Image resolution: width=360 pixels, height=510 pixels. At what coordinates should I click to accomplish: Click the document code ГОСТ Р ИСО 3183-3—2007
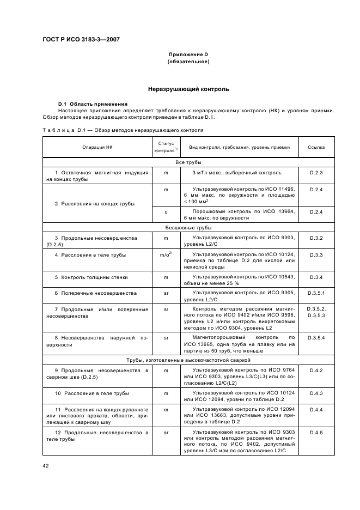81,40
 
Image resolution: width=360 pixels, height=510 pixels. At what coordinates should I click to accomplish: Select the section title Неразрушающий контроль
188,89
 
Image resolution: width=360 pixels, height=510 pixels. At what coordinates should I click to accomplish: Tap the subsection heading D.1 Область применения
93,104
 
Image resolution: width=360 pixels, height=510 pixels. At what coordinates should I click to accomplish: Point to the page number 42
46,465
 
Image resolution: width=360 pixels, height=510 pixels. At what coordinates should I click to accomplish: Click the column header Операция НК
97,147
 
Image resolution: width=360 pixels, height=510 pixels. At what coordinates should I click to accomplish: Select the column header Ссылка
316,147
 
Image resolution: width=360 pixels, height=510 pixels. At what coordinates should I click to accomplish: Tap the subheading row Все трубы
188,162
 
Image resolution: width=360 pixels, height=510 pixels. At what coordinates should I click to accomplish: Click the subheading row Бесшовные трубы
188,228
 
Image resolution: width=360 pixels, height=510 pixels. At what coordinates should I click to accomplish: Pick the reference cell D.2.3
316,173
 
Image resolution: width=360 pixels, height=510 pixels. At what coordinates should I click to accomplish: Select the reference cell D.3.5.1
316,293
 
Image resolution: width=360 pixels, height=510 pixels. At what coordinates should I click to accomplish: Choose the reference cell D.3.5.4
316,338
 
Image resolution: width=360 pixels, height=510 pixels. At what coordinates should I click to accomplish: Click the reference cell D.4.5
316,433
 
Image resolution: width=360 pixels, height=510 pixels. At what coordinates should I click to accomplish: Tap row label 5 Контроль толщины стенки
91,277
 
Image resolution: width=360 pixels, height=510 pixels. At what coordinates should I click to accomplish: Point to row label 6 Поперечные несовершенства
95,293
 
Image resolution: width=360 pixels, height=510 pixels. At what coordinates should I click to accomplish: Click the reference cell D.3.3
316,255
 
